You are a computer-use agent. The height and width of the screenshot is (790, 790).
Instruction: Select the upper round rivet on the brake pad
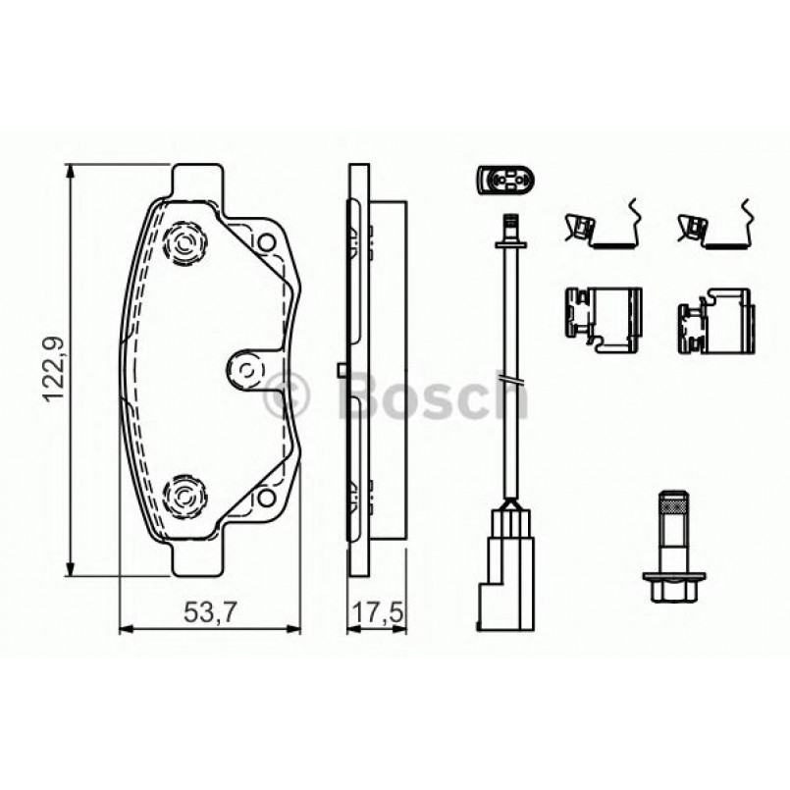(x=184, y=242)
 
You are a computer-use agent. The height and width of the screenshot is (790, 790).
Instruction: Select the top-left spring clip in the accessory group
(x=601, y=226)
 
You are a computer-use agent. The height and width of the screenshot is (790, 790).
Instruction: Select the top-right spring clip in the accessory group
(x=714, y=226)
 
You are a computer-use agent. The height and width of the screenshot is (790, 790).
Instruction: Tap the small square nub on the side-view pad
(x=338, y=370)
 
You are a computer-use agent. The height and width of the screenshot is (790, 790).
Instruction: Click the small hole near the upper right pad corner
(x=264, y=239)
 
